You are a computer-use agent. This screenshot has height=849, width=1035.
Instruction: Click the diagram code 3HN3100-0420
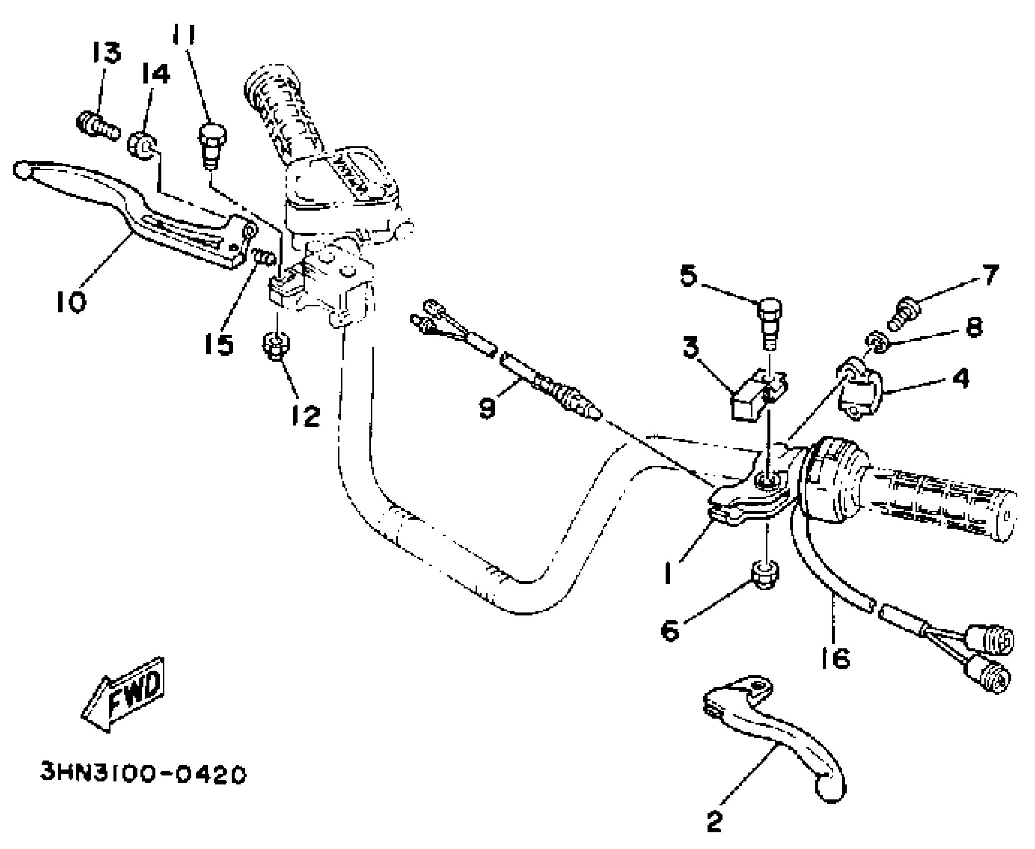pyautogui.click(x=144, y=775)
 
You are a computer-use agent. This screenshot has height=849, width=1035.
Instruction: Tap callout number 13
pyautogui.click(x=106, y=53)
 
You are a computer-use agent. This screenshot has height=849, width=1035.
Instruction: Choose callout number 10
pyautogui.click(x=71, y=302)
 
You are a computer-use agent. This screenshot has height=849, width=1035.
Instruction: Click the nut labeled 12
pyautogui.click(x=276, y=344)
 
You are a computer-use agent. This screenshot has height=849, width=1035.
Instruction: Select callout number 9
pyautogui.click(x=487, y=407)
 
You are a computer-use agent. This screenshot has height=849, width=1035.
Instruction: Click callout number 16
pyautogui.click(x=835, y=658)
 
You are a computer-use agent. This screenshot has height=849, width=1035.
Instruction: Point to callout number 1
pyautogui.click(x=668, y=573)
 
